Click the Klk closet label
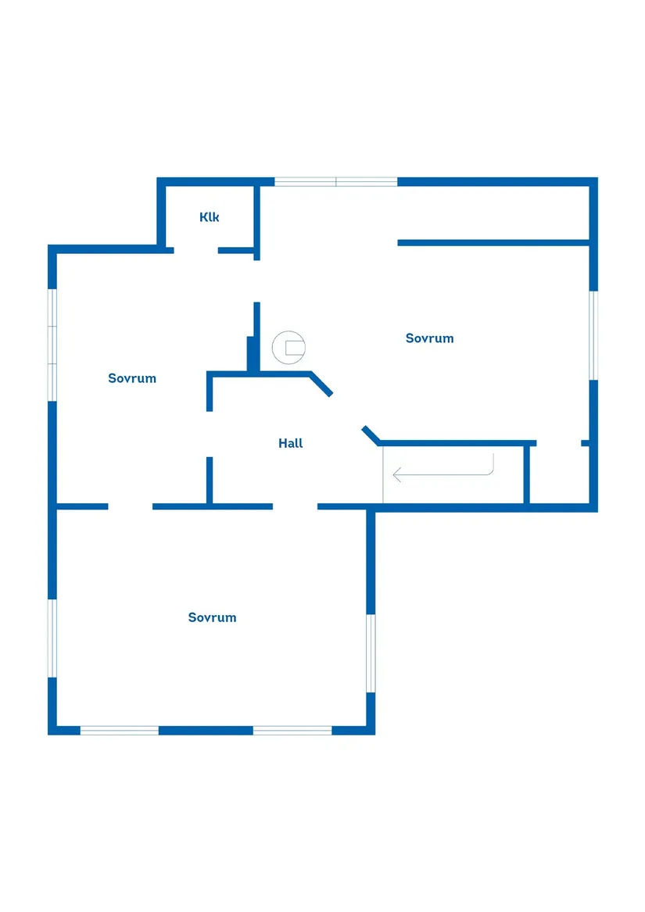click(210, 217)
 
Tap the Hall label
click(291, 443)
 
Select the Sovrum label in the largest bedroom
click(212, 617)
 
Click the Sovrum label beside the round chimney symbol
click(429, 338)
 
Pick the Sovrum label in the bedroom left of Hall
click(132, 378)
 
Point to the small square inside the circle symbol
click(294, 348)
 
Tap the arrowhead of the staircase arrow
click(397, 474)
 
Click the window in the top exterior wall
click(336, 182)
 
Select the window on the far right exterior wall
click(593, 335)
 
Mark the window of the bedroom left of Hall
click(52, 345)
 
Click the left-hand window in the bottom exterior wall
click(120, 731)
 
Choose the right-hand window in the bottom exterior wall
click(292, 731)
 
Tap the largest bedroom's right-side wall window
click(371, 653)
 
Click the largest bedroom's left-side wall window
click(52, 638)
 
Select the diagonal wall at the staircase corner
click(371, 435)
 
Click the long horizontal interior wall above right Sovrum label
click(493, 243)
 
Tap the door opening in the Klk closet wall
click(195, 250)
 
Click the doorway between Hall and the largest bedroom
click(295, 506)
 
